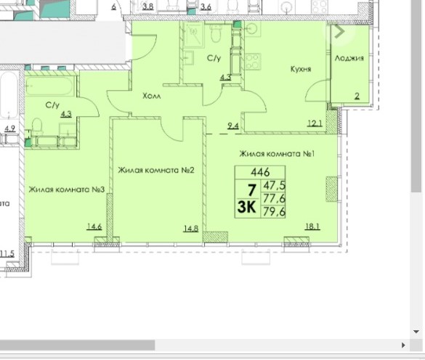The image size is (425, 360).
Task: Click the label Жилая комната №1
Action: (277, 154)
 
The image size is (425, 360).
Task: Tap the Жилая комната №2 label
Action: (156, 170)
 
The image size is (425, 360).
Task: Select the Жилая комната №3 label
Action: (67, 189)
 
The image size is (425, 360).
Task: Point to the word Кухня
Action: (301, 69)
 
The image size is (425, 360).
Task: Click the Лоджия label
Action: (349, 58)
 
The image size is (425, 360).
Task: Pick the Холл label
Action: (152, 96)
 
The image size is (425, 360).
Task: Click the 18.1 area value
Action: (312, 226)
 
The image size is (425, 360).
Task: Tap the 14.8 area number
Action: (191, 229)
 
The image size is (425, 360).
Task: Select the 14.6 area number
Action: (94, 226)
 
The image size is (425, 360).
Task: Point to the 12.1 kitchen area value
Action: (315, 123)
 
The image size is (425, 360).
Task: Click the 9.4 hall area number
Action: (233, 126)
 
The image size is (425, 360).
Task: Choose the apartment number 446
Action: (260, 172)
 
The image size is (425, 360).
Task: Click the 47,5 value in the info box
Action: (275, 185)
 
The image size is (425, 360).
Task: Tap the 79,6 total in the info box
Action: (275, 211)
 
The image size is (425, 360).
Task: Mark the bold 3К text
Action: (247, 207)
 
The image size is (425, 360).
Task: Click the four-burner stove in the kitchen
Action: (253, 62)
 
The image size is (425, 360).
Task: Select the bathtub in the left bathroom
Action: (50, 86)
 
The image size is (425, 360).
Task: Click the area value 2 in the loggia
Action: (357, 96)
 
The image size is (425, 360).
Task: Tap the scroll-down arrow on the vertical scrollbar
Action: (416, 332)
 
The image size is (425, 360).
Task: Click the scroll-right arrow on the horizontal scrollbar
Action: (404, 345)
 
